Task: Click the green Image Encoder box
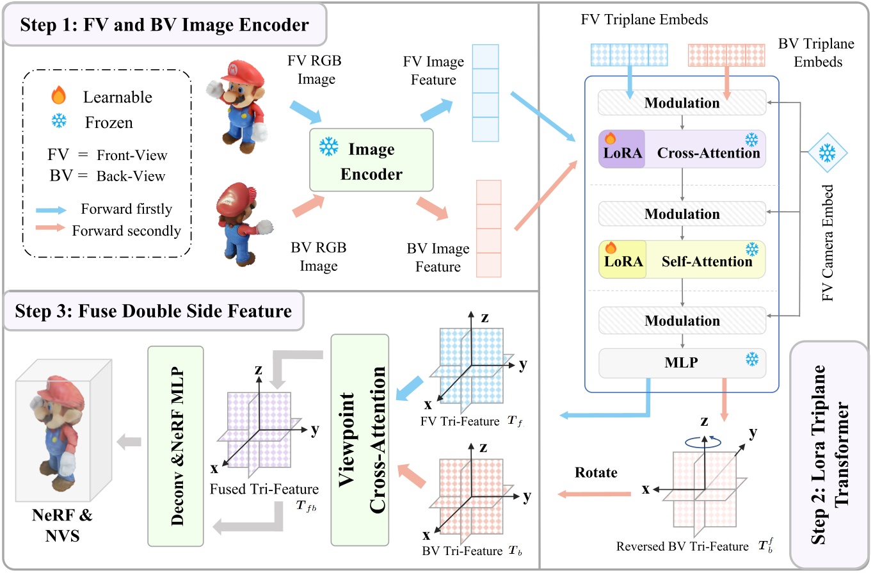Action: tap(371, 159)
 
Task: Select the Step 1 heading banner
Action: tap(166, 25)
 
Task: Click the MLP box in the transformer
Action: tap(682, 361)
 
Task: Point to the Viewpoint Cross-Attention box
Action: tap(359, 438)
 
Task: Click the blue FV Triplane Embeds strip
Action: tap(629, 55)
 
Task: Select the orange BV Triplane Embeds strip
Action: tap(726, 55)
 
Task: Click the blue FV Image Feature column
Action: tap(485, 92)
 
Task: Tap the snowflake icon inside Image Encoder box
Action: tap(330, 149)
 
